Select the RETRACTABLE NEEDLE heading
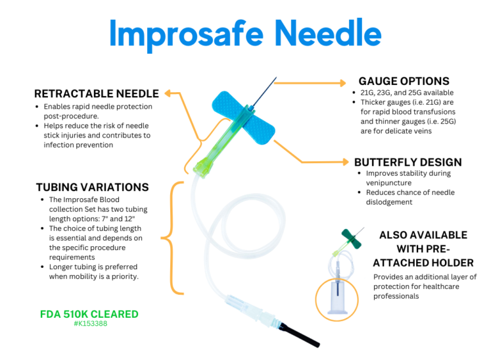(x=97, y=93)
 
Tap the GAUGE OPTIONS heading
(x=403, y=81)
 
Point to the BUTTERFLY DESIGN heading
(x=408, y=162)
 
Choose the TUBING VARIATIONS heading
(x=92, y=187)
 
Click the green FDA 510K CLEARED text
(x=89, y=315)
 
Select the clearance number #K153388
(x=89, y=324)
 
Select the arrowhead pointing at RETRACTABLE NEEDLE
(x=170, y=93)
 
